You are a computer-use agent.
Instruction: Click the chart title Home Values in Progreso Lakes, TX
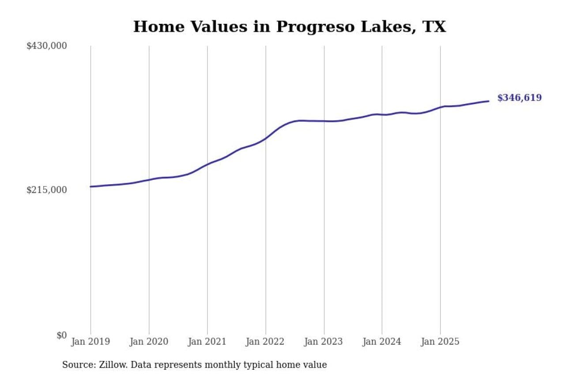click(290, 27)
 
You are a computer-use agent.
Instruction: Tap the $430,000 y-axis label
click(47, 46)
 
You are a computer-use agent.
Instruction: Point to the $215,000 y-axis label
click(47, 190)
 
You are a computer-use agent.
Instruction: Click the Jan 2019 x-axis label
click(90, 342)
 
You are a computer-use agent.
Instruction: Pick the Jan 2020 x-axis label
click(149, 342)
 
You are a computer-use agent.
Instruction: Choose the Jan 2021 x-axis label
click(207, 342)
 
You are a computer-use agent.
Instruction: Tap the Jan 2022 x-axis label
click(265, 342)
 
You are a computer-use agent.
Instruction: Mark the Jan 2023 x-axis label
click(324, 342)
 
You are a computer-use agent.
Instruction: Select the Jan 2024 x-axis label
click(382, 342)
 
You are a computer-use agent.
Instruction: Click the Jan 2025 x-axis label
click(440, 342)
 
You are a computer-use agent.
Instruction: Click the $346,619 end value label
click(519, 98)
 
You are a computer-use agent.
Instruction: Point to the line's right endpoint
click(488, 101)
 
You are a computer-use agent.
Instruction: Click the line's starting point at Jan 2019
click(91, 186)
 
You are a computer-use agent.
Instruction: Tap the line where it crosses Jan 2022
click(266, 138)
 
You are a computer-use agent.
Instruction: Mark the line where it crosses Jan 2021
click(207, 164)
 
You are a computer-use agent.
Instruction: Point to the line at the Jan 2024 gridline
click(382, 115)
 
